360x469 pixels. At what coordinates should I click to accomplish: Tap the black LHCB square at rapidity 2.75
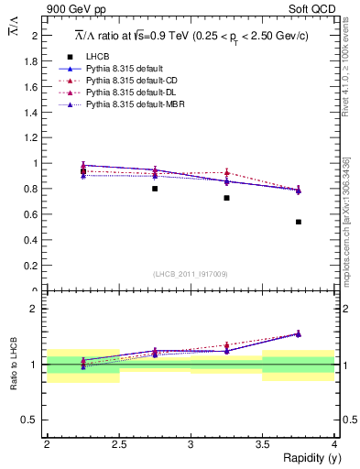[x=155, y=189]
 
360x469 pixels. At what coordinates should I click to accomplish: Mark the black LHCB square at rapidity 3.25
[x=226, y=198]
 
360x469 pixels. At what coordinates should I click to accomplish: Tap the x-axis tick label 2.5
[x=118, y=444]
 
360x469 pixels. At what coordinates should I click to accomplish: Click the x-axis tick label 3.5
[x=262, y=444]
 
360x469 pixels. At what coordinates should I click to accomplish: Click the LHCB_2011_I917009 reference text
[x=191, y=274]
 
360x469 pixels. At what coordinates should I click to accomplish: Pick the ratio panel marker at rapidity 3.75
[x=299, y=334]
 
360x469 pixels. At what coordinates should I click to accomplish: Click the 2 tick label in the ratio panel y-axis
[x=35, y=309]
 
